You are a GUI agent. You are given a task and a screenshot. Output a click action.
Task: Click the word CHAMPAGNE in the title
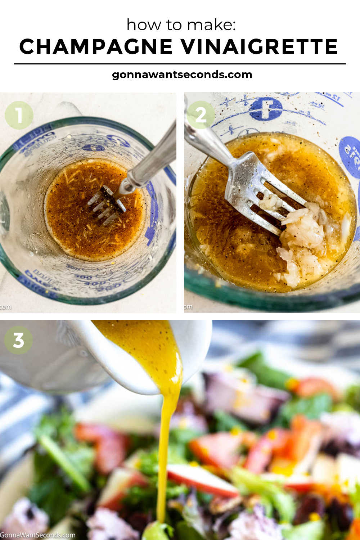96,47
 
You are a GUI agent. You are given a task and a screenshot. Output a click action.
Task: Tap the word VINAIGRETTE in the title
259,47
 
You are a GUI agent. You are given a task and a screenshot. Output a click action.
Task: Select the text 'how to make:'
181,25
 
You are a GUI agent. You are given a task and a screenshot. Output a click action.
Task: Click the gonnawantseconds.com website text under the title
182,75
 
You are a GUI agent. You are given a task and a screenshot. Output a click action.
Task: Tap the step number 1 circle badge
19,115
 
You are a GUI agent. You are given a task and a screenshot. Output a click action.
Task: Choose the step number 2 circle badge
201,115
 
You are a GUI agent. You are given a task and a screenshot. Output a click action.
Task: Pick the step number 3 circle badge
18,340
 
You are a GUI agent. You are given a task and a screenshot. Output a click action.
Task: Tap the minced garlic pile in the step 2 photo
302,234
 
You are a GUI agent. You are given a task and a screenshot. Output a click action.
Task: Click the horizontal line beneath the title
180,64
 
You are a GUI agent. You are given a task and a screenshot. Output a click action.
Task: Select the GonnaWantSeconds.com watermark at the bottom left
38,535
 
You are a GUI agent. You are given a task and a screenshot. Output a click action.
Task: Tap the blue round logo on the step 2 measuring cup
266,109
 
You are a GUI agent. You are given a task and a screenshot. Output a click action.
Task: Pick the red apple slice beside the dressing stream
202,479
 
